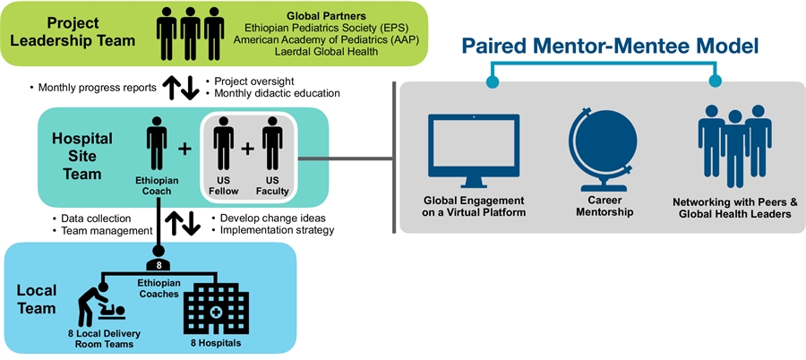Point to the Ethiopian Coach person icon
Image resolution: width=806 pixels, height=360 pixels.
pyautogui.click(x=158, y=149)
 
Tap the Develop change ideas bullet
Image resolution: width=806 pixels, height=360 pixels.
pyautogui.click(x=268, y=218)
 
